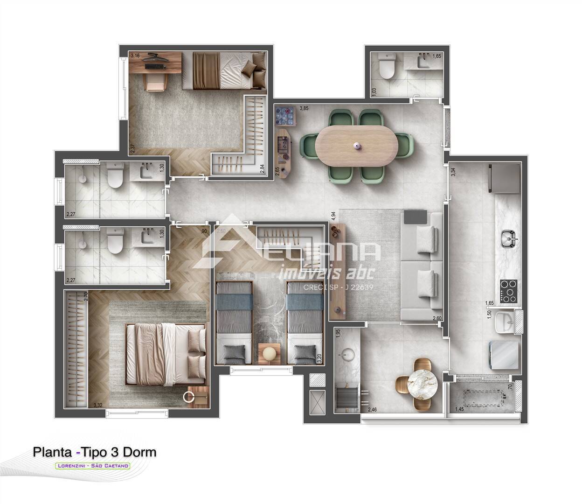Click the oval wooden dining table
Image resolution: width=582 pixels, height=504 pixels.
[x=357, y=146]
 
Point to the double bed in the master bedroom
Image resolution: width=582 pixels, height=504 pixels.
[x=166, y=354]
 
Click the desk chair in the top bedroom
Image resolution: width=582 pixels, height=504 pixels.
[x=156, y=82]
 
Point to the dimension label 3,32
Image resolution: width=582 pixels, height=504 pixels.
[x=98, y=405]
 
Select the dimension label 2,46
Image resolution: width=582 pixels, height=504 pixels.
[x=372, y=410]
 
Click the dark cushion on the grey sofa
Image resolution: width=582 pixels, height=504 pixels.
[x=416, y=217]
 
